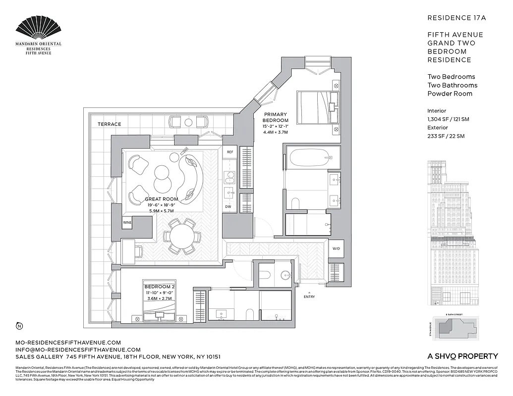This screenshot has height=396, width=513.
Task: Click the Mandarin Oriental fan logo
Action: pos(39,28)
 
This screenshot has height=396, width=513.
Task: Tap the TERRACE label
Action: pos(109,124)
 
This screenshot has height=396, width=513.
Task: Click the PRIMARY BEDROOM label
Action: pos(275,117)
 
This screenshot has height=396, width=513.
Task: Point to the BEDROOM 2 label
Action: pos(159,287)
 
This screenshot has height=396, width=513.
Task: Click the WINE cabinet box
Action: pos(127,223)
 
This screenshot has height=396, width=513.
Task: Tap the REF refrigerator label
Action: pos(230,152)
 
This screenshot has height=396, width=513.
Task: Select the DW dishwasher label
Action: pos(228,206)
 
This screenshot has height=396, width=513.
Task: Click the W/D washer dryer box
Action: pos(336,248)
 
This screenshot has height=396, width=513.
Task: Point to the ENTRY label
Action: pos(309,297)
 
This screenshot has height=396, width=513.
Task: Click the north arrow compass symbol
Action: pos(19,325)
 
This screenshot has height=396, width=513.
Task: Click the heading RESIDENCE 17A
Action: pos(456,18)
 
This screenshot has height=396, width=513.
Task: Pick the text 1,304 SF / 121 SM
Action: pos(448,119)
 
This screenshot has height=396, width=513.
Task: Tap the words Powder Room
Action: pos(450,94)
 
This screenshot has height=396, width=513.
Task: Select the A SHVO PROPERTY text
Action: pos(462,356)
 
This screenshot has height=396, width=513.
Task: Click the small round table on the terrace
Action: pos(188,122)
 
